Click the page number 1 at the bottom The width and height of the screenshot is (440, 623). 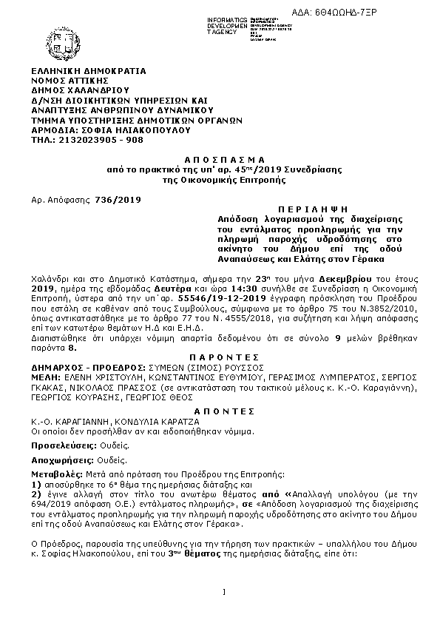point(223,590)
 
